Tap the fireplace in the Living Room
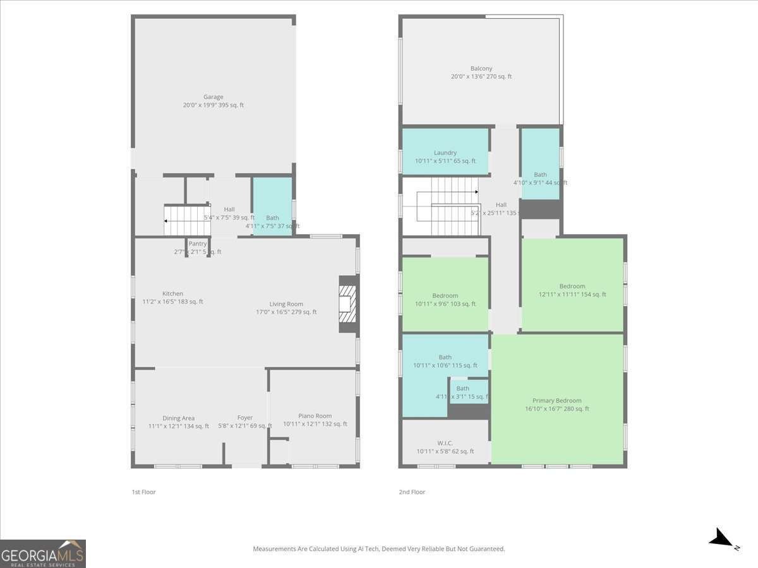(347, 305)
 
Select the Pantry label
(198, 244)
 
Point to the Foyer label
(245, 418)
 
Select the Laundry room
(445, 152)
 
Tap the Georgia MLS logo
(43, 553)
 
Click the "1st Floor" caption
(143, 492)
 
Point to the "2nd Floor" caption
(411, 492)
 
